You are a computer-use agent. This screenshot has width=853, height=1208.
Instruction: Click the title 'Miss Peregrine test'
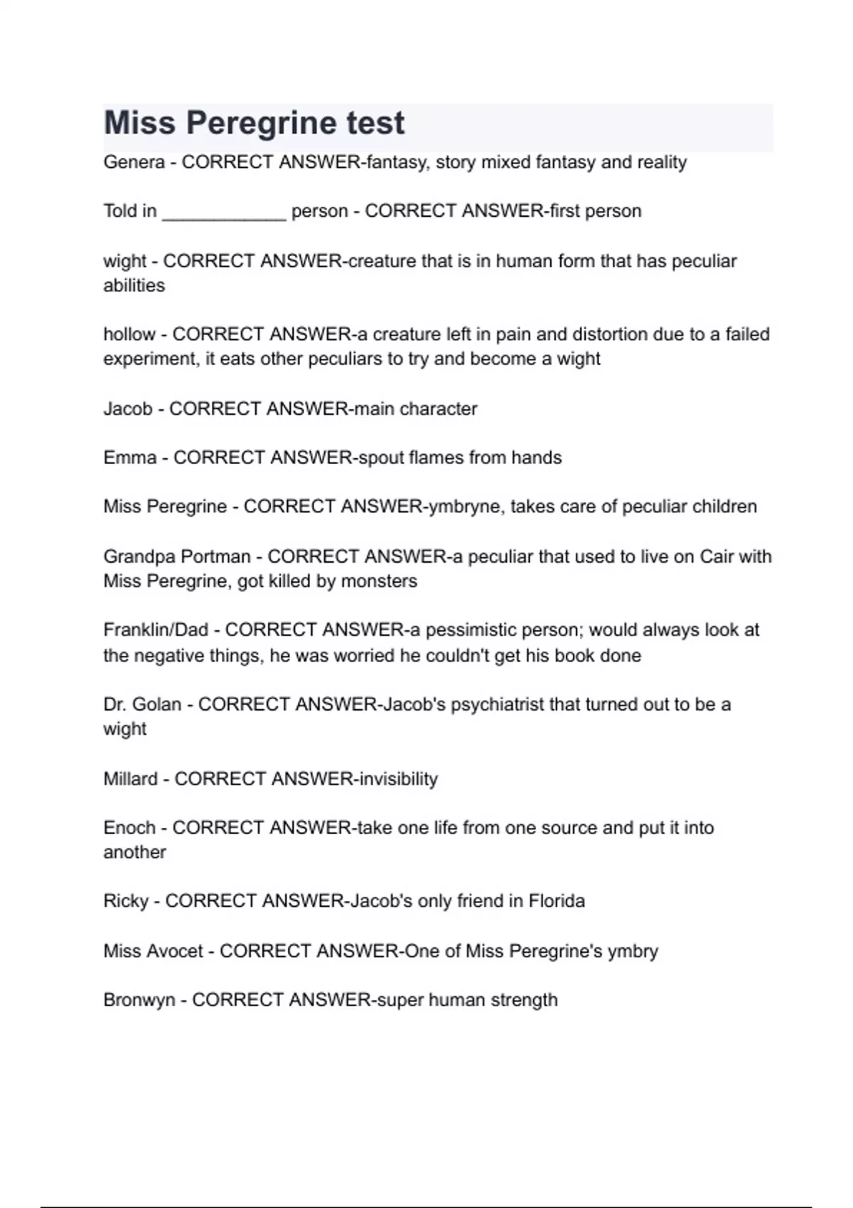(x=254, y=123)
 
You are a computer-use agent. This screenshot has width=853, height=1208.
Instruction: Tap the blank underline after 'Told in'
(x=224, y=212)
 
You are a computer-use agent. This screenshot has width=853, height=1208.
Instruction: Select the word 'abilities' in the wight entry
(x=134, y=286)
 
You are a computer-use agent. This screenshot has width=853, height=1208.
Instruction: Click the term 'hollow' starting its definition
(x=129, y=335)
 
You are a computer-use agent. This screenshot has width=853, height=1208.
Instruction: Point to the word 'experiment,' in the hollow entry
(x=151, y=360)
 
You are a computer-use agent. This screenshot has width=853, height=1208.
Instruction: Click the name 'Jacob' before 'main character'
(x=128, y=409)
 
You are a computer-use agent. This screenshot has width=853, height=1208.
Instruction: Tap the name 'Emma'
(x=129, y=458)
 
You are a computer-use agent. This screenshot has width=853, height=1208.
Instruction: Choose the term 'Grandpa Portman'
(x=177, y=556)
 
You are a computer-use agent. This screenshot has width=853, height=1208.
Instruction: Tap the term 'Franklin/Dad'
(x=156, y=630)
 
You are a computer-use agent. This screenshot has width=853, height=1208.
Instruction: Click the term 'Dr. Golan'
(x=142, y=705)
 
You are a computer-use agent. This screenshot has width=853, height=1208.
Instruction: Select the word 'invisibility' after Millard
(x=398, y=780)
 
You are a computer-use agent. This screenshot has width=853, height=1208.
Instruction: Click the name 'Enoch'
(x=129, y=828)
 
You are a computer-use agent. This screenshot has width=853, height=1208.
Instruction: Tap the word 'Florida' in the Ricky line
(x=557, y=901)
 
